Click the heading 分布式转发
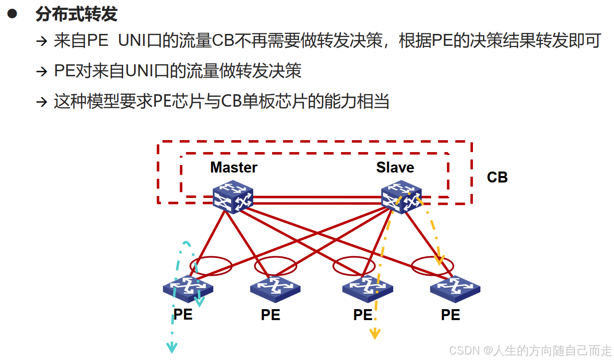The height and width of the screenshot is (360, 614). tap(76, 14)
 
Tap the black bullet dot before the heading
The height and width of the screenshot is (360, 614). tap(12, 14)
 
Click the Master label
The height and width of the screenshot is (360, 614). tap(233, 168)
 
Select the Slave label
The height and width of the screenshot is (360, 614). tap(395, 168)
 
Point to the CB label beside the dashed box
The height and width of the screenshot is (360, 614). tap(497, 178)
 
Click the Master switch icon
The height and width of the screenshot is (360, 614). tap(233, 197)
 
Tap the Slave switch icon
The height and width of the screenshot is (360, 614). tap(401, 197)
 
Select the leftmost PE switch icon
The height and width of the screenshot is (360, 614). tap(187, 288)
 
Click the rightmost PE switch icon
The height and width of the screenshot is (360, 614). tap(455, 288)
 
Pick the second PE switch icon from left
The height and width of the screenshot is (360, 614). tap(275, 288)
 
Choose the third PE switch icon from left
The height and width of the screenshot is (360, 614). tap(367, 288)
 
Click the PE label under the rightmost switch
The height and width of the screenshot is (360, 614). tap(450, 315)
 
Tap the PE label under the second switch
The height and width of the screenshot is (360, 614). tap(270, 315)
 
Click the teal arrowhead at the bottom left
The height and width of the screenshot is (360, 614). tap(171, 347)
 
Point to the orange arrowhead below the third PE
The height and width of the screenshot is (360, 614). tap(374, 334)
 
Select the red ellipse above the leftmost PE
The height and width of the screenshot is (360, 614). tap(211, 266)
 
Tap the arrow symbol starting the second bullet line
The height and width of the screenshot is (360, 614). tap(41, 71)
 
